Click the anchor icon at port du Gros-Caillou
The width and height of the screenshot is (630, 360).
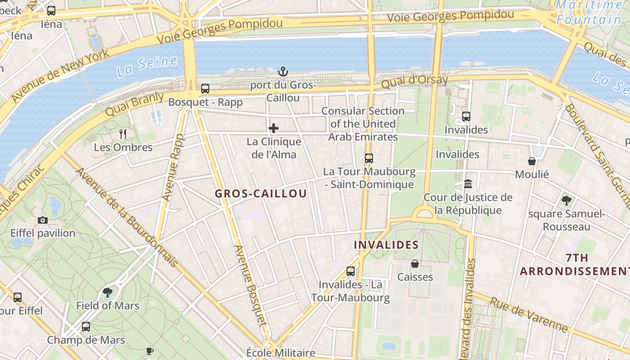tap(283, 71)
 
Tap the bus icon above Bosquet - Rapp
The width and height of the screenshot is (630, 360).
tap(205, 88)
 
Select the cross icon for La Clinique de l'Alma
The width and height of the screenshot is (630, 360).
tap(274, 128)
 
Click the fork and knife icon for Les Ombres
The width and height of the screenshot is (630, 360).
tap(123, 134)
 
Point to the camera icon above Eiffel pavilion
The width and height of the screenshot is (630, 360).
tap(43, 220)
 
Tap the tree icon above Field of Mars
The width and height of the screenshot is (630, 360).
tap(108, 292)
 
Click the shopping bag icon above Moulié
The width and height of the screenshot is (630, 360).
tap(532, 161)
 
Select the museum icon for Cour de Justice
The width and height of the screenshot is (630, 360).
tap(468, 184)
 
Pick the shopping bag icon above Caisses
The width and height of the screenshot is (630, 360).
tap(415, 264)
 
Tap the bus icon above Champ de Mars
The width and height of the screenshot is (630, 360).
tap(86, 327)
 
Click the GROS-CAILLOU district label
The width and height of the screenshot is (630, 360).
tap(261, 193)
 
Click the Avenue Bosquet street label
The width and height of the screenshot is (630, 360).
tap(251, 285)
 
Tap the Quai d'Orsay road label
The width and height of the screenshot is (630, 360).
tap(414, 82)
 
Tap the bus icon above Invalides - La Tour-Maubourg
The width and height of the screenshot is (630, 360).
tap(351, 271)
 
